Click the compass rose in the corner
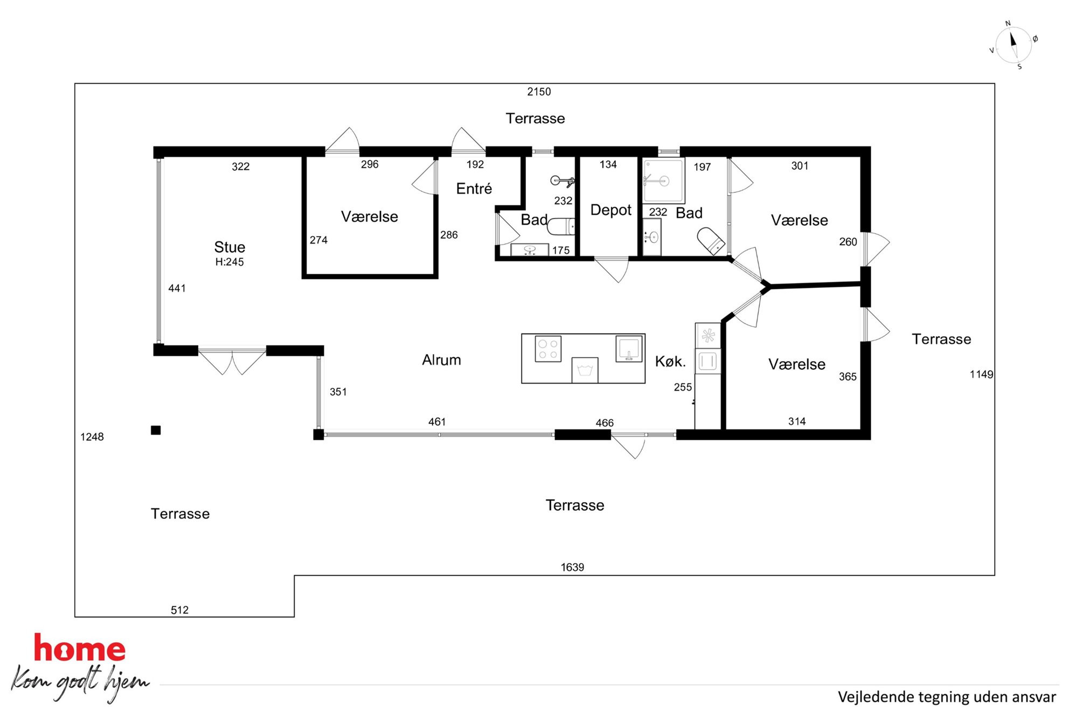pos(1014,45)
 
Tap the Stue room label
pos(230,247)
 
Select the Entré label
pos(474,188)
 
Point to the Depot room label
pos(610,210)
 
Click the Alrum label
pos(441,359)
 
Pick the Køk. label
pos(670,361)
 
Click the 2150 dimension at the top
pos(539,92)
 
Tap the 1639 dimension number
pos(572,567)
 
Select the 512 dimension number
pos(179,610)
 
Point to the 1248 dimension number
pos(92,437)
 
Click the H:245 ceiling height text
pos(230,262)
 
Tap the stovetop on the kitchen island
pos(548,349)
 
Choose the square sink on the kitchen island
pos(629,348)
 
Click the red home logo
pos(80,648)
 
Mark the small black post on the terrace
pos(156,430)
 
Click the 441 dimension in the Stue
pos(177,288)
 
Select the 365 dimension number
pos(848,377)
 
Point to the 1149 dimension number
pos(982,374)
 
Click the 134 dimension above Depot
pos(608,164)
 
